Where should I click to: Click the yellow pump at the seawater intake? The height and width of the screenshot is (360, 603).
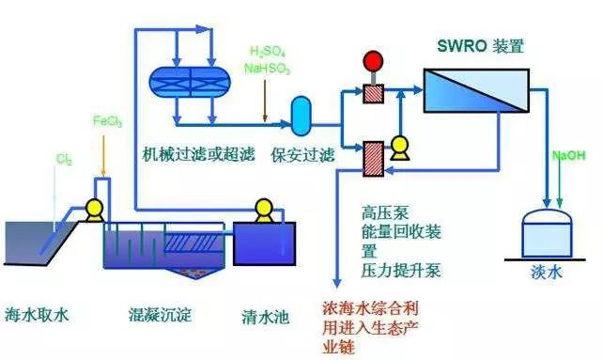(94, 208)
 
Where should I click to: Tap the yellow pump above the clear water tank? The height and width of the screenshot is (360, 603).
(262, 209)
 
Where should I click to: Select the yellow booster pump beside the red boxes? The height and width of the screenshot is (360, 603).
(400, 147)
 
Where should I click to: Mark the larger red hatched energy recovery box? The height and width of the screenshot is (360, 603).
(373, 156)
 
